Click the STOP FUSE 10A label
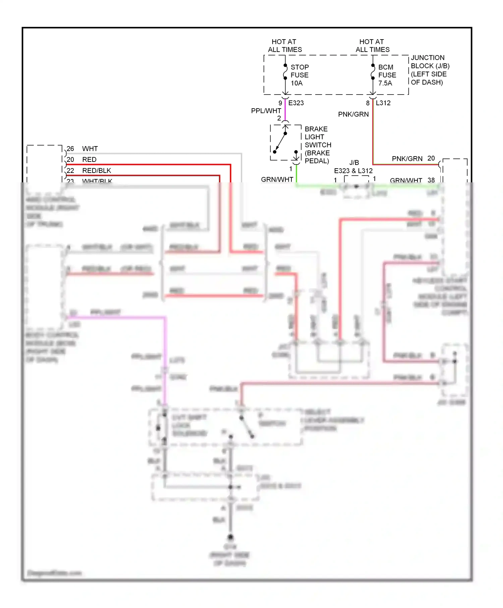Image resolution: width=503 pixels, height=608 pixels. tap(299, 75)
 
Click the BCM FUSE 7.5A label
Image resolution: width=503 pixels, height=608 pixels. tap(387, 75)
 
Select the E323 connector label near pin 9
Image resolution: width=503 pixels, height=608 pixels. tap(296, 103)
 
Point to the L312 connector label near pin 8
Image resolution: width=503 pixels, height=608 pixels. tap(383, 103)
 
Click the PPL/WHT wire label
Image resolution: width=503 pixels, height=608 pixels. tap(266, 111)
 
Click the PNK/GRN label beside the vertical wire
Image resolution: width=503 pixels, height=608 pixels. tap(353, 114)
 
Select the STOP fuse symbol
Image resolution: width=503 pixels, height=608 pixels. tap(285, 72)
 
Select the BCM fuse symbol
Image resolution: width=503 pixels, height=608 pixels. tap(373, 72)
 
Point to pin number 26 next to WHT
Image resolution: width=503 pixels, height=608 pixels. tap(70, 148)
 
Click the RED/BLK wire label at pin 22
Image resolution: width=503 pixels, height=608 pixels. tap(97, 171)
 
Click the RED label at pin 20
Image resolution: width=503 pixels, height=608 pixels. tap(89, 160)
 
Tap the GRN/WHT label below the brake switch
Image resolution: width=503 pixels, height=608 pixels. tap(277, 179)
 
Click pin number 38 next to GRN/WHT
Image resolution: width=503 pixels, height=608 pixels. tap(431, 180)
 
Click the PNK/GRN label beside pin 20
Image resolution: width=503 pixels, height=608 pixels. tap(407, 159)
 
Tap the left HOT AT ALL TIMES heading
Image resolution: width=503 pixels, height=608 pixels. tap(284, 46)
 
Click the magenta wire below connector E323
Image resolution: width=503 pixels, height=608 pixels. tap(285, 111)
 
